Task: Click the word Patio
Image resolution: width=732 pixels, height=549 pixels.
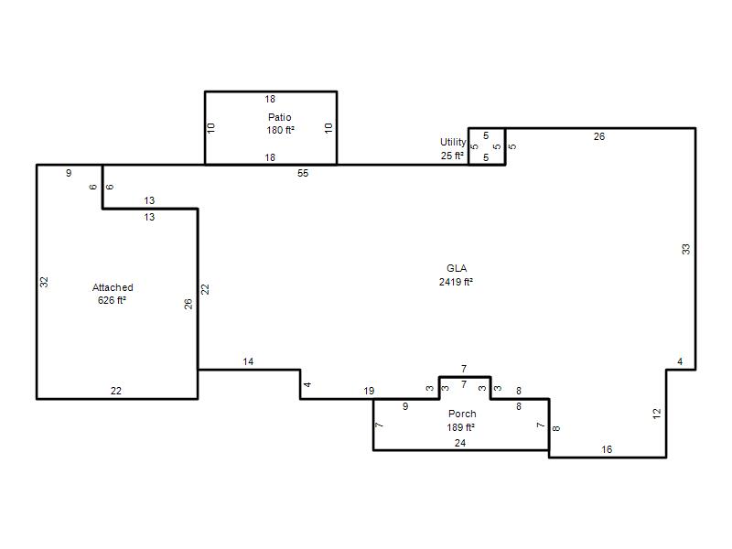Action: (280, 117)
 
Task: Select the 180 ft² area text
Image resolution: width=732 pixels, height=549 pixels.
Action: (281, 130)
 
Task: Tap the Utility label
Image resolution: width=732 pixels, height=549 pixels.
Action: (453, 143)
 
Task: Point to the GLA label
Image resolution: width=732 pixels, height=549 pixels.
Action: (457, 268)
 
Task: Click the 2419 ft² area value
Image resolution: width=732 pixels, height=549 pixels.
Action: (456, 282)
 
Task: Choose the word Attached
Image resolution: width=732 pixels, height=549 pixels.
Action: (113, 287)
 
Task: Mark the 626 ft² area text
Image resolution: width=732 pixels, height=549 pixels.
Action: (112, 300)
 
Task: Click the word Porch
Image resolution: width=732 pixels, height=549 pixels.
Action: (462, 414)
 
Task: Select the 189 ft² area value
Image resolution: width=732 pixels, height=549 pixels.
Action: (461, 427)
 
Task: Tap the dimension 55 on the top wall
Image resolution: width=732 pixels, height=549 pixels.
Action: (303, 173)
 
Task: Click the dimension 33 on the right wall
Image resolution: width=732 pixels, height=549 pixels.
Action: (685, 249)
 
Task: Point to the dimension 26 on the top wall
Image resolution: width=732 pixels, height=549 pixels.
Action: (599, 136)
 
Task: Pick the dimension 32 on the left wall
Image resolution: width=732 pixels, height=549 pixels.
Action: (44, 282)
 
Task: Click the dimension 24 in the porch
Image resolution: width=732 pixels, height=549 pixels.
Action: (460, 443)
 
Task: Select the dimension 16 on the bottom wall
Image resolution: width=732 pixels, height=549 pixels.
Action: (607, 449)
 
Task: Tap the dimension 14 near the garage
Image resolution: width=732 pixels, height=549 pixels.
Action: (248, 361)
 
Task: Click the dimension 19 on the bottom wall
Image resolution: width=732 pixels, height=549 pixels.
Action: (369, 392)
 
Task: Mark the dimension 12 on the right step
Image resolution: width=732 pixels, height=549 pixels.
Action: (657, 414)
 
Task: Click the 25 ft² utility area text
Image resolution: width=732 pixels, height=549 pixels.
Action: (452, 156)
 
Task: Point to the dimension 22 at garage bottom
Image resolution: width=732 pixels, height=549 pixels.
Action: (116, 392)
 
